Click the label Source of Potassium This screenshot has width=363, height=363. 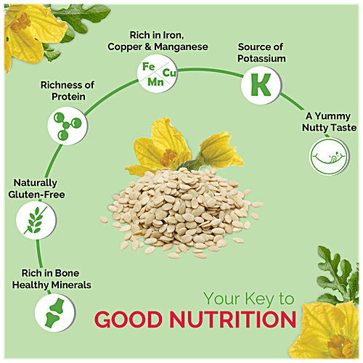point(261,53)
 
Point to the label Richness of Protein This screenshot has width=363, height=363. point(67,91)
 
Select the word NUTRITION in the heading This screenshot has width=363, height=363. point(236,319)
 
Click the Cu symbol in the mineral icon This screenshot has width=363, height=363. point(170,73)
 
